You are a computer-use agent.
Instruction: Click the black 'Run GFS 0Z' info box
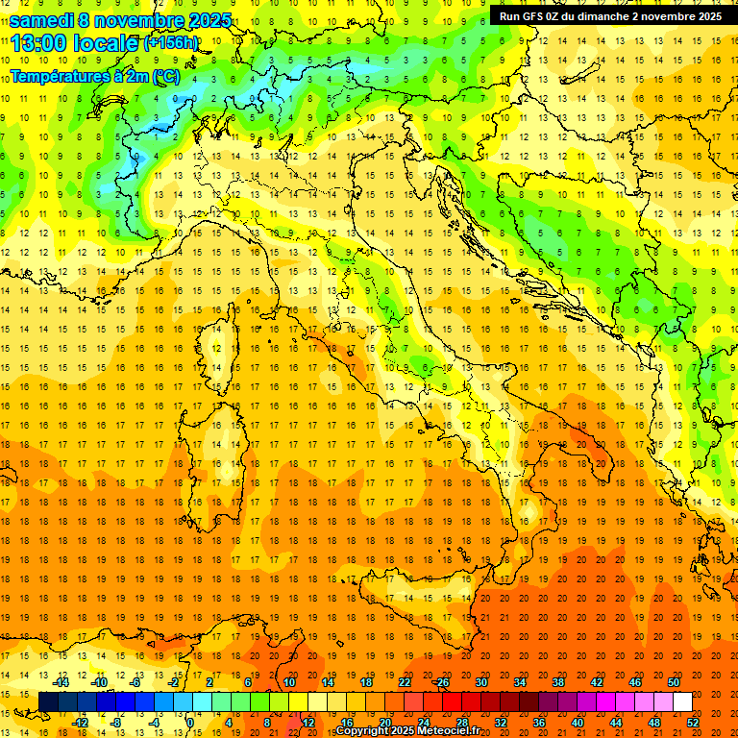(610, 15)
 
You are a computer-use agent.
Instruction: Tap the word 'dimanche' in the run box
(600, 15)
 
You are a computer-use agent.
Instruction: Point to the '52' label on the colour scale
(693, 722)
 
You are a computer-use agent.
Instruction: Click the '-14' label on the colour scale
(61, 682)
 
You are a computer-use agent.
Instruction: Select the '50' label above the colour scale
(674, 682)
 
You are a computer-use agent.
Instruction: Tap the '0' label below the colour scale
(189, 722)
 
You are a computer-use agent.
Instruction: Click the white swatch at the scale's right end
(682, 701)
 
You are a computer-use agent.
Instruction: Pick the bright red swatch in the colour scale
(452, 701)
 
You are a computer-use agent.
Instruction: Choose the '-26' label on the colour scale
(440, 682)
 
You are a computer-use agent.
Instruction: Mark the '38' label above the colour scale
(557, 682)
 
